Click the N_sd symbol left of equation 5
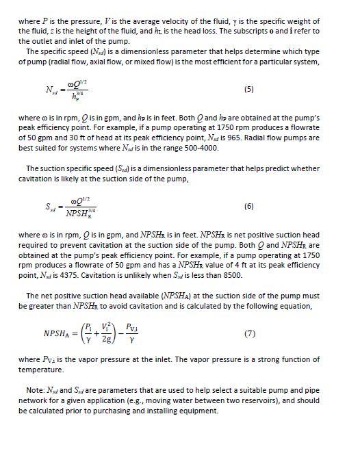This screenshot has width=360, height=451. pyautogui.click(x=52, y=90)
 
